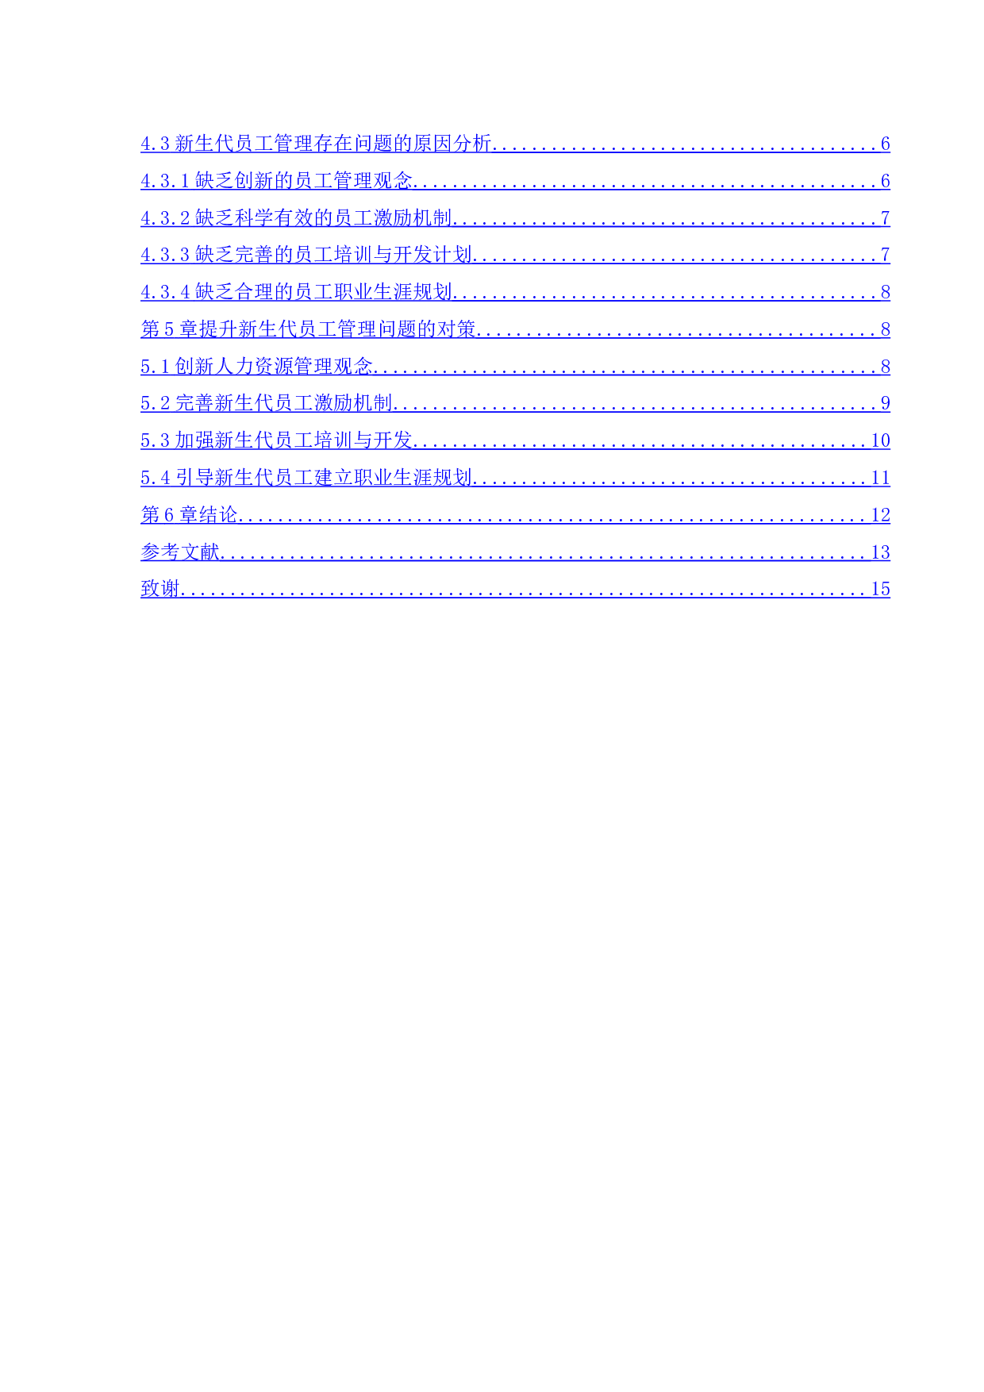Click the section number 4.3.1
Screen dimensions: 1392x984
click(x=165, y=181)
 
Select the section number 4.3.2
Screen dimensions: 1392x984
click(x=165, y=218)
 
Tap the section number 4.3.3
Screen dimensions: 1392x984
click(x=165, y=255)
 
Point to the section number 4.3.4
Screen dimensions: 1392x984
click(x=165, y=292)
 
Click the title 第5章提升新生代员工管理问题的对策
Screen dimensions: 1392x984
click(x=308, y=329)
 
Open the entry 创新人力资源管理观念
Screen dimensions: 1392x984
click(x=274, y=367)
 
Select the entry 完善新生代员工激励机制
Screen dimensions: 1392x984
click(x=283, y=403)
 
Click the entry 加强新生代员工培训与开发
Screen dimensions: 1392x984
click(x=294, y=440)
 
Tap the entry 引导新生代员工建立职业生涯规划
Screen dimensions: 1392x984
click(x=324, y=478)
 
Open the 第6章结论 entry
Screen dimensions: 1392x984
click(x=189, y=515)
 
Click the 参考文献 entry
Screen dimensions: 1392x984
click(x=179, y=552)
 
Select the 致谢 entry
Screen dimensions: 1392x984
click(x=160, y=589)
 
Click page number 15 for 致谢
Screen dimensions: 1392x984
click(x=880, y=589)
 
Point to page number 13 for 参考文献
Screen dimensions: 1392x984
click(x=880, y=552)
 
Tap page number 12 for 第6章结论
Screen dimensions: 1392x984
click(x=880, y=515)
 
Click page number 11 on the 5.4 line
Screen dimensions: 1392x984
click(x=880, y=478)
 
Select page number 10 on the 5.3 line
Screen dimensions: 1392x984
click(x=880, y=440)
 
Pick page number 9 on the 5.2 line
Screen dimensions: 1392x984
click(x=885, y=403)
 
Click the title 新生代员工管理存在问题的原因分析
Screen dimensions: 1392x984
click(x=333, y=144)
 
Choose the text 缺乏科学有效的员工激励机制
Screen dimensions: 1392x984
click(x=323, y=218)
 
